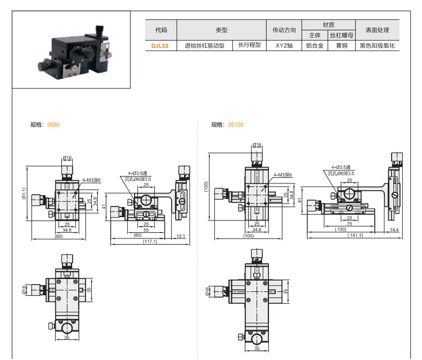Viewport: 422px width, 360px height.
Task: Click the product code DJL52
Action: point(160,46)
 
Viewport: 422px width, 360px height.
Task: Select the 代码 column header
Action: point(161,30)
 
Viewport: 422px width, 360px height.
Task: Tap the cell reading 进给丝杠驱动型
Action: point(205,46)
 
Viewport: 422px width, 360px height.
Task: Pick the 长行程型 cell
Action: point(249,46)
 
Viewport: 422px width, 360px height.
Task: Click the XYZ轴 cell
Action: point(284,46)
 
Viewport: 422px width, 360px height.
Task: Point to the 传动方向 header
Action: point(284,30)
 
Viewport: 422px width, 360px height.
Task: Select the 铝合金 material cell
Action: point(315,46)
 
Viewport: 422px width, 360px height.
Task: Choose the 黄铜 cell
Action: point(342,46)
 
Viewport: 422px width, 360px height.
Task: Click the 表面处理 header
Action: point(378,30)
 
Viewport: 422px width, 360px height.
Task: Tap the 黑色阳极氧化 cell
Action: point(378,46)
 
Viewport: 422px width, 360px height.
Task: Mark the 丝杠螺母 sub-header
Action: point(342,35)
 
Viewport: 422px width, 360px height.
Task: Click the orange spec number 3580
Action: point(53,124)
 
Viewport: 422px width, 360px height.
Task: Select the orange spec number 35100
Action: point(236,124)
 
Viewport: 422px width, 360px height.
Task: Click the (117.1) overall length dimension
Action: point(150,242)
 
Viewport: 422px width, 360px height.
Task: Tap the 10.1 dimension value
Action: point(181,236)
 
